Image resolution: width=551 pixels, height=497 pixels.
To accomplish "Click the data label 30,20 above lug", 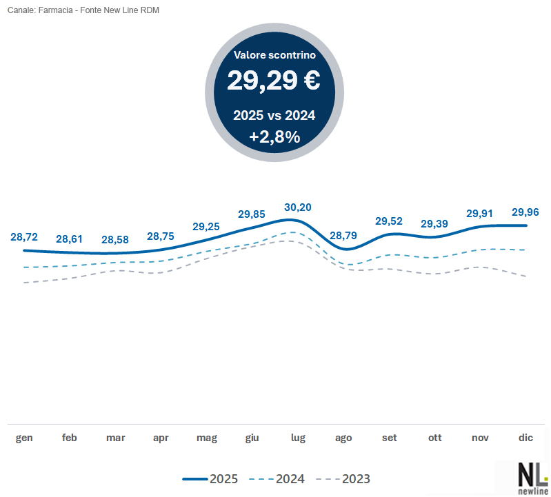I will (x=298, y=207).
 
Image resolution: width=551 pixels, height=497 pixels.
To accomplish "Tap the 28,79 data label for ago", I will (x=343, y=236).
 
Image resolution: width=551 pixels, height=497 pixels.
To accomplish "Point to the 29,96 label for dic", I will (x=525, y=212).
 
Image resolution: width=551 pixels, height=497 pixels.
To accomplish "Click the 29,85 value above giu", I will (x=252, y=214).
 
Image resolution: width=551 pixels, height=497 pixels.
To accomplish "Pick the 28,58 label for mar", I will (x=115, y=240).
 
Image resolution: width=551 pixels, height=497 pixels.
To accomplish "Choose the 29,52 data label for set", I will (x=389, y=221).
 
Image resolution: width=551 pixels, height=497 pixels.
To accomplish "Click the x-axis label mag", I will (x=206, y=438).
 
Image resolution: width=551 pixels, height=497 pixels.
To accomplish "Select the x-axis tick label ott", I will (x=434, y=438).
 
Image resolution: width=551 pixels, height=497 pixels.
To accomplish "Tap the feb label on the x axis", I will (x=70, y=438).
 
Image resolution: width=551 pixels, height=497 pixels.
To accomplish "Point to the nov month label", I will (x=480, y=438).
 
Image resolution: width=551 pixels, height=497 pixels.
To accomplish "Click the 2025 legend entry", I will (x=211, y=478).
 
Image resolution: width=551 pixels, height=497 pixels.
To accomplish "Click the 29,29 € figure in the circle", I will (x=274, y=81).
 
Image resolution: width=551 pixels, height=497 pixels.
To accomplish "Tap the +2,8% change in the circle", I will (x=274, y=136).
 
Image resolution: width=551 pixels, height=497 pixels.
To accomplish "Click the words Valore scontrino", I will (x=274, y=54).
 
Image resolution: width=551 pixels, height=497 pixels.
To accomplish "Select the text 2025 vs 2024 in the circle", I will (x=274, y=115).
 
